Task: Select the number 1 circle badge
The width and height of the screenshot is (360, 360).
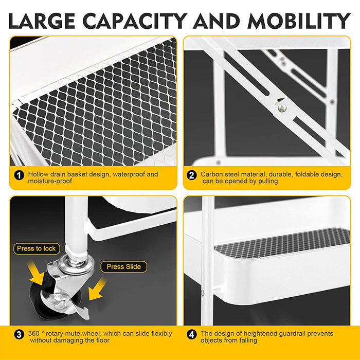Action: [x=19, y=175]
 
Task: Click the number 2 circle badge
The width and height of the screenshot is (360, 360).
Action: [x=191, y=175]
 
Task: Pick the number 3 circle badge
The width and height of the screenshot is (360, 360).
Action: [x=19, y=335]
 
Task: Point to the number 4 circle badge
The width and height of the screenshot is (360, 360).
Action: [x=191, y=335]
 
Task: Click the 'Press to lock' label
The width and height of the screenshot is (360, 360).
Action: [x=36, y=248]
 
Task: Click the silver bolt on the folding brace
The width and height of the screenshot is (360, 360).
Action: [x=282, y=107]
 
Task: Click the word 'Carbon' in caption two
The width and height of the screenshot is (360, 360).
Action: [x=212, y=174]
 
